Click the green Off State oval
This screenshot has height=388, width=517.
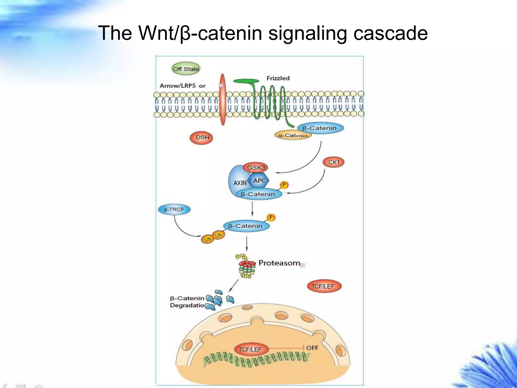point(186,69)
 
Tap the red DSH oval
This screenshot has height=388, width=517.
point(201,138)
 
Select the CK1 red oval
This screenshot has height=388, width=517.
point(333,162)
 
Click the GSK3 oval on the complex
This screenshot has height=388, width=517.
point(255,167)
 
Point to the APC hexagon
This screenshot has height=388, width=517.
point(258,181)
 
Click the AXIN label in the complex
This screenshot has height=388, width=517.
point(239,183)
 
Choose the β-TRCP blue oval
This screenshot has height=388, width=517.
point(174,210)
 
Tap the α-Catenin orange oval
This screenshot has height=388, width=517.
point(293,136)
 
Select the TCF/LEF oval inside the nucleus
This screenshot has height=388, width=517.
point(250,350)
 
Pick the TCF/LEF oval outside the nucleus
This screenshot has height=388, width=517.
point(324,286)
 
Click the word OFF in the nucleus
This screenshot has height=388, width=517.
point(312,348)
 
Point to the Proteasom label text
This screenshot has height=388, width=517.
point(279,263)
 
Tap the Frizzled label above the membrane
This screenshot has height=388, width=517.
point(278,78)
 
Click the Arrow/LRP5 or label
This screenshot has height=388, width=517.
point(183,86)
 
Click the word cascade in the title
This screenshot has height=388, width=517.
point(390,33)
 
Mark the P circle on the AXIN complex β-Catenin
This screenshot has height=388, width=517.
point(284,185)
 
